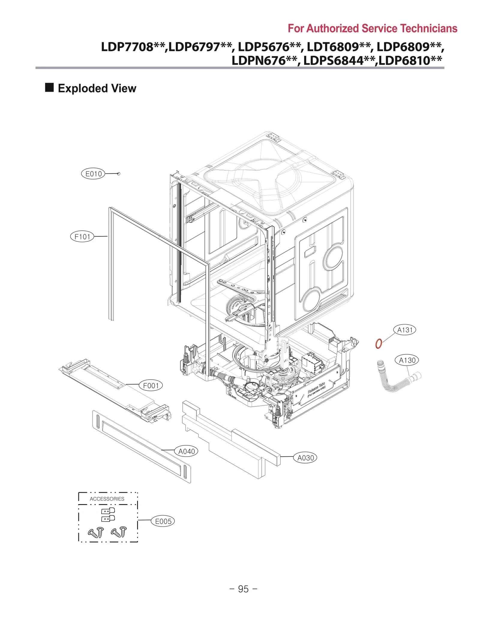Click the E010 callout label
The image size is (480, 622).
point(93,174)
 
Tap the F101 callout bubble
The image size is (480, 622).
point(82,237)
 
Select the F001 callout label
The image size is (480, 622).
point(151,385)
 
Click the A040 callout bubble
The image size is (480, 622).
point(186,451)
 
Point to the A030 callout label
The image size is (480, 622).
point(305,458)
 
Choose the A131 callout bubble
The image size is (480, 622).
point(405,330)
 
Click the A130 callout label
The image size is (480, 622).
point(406,360)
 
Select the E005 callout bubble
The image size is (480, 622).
point(163,521)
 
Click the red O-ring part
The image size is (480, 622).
point(379,343)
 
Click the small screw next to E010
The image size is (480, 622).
point(118,174)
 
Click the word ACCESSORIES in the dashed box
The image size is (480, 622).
point(107,499)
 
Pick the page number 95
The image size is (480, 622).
point(243,589)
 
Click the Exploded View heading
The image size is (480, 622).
point(97,88)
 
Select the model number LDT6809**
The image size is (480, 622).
point(339,47)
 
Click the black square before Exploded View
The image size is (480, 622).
point(49,88)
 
